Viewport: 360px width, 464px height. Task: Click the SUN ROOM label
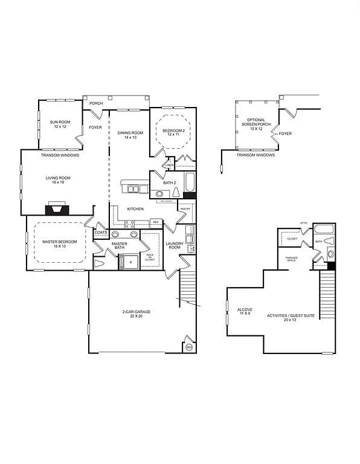(x=60, y=124)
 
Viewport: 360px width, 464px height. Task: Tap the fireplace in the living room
(x=57, y=209)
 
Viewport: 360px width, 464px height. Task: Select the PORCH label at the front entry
(x=95, y=103)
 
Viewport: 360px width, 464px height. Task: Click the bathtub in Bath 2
(x=189, y=182)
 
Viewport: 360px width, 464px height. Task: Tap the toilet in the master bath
(x=100, y=263)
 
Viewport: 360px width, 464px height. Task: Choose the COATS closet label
(x=101, y=232)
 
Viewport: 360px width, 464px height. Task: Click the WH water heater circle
(x=188, y=347)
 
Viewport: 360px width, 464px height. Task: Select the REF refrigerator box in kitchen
(x=155, y=222)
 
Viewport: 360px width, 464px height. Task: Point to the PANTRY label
(x=185, y=208)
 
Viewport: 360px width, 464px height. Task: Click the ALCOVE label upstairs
(x=245, y=312)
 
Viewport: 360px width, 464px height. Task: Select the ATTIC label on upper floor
(x=304, y=223)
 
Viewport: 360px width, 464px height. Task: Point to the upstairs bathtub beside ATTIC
(x=324, y=230)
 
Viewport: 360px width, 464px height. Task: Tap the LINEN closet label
(x=169, y=165)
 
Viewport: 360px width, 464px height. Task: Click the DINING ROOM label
(x=130, y=135)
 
